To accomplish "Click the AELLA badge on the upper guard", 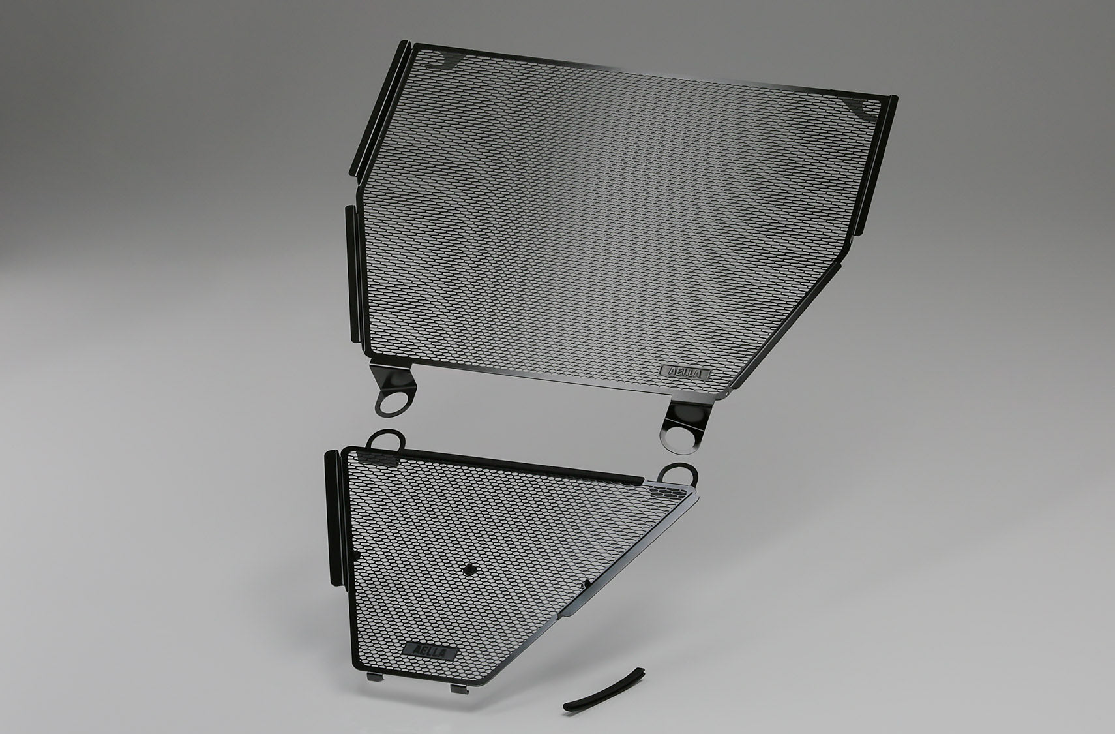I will click(x=686, y=372).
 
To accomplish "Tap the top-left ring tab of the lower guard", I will click(x=384, y=438).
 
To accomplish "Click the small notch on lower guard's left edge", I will click(x=356, y=555).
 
